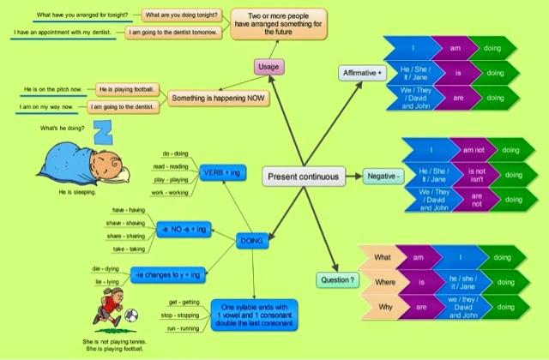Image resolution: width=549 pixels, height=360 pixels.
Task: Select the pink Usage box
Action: coord(268,66)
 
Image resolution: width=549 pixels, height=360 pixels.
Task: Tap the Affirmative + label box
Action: coord(360,73)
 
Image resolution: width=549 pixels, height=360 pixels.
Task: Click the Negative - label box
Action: coord(383,176)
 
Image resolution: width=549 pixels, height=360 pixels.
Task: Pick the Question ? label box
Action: coord(337,280)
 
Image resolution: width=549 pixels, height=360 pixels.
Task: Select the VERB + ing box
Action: coord(221,174)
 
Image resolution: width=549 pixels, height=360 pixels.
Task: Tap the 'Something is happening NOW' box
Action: coord(218,99)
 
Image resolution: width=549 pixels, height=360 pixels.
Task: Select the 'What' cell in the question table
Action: coord(383,257)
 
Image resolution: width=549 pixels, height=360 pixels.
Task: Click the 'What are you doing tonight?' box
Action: coord(181,15)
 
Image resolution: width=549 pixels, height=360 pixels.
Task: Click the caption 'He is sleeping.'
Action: coord(77,193)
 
